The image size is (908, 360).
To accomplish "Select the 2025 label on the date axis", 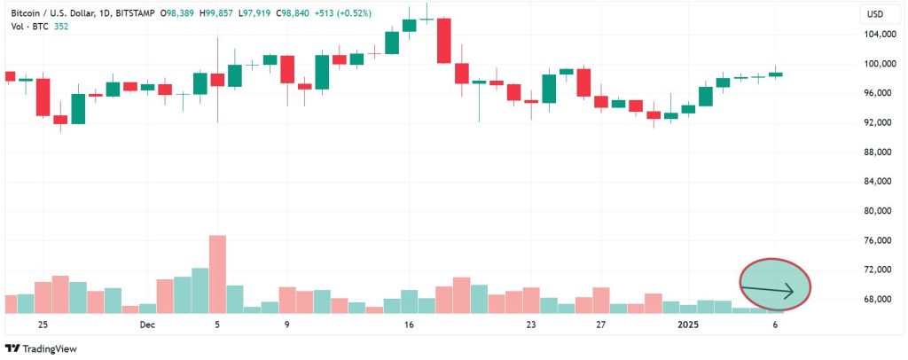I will click(688, 325).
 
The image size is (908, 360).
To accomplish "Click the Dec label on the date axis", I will click(147, 325).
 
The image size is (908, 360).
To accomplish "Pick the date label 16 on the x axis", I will click(409, 325).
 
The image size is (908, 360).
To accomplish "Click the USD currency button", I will click(874, 13).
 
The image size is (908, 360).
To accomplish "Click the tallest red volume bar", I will click(218, 273).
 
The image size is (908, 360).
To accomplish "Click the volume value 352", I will click(61, 27).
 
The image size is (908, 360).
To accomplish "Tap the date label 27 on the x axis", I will click(600, 325).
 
